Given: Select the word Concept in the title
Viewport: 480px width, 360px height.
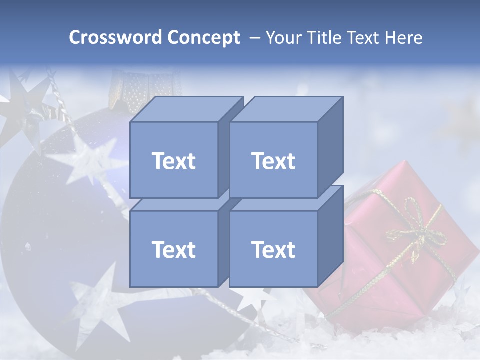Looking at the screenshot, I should click(203, 38).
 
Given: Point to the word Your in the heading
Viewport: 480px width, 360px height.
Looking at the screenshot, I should click(284, 38).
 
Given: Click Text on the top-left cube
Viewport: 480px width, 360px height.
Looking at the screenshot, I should click(173, 161).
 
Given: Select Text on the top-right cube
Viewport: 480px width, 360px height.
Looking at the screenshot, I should click(273, 161).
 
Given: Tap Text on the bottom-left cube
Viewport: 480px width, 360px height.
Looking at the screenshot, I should click(173, 249).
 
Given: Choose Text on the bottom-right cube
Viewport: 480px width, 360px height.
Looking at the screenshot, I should click(273, 249).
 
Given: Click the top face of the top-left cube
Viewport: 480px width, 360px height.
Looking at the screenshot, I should click(185, 109).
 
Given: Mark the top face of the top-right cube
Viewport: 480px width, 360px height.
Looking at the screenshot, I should click(286, 109).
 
